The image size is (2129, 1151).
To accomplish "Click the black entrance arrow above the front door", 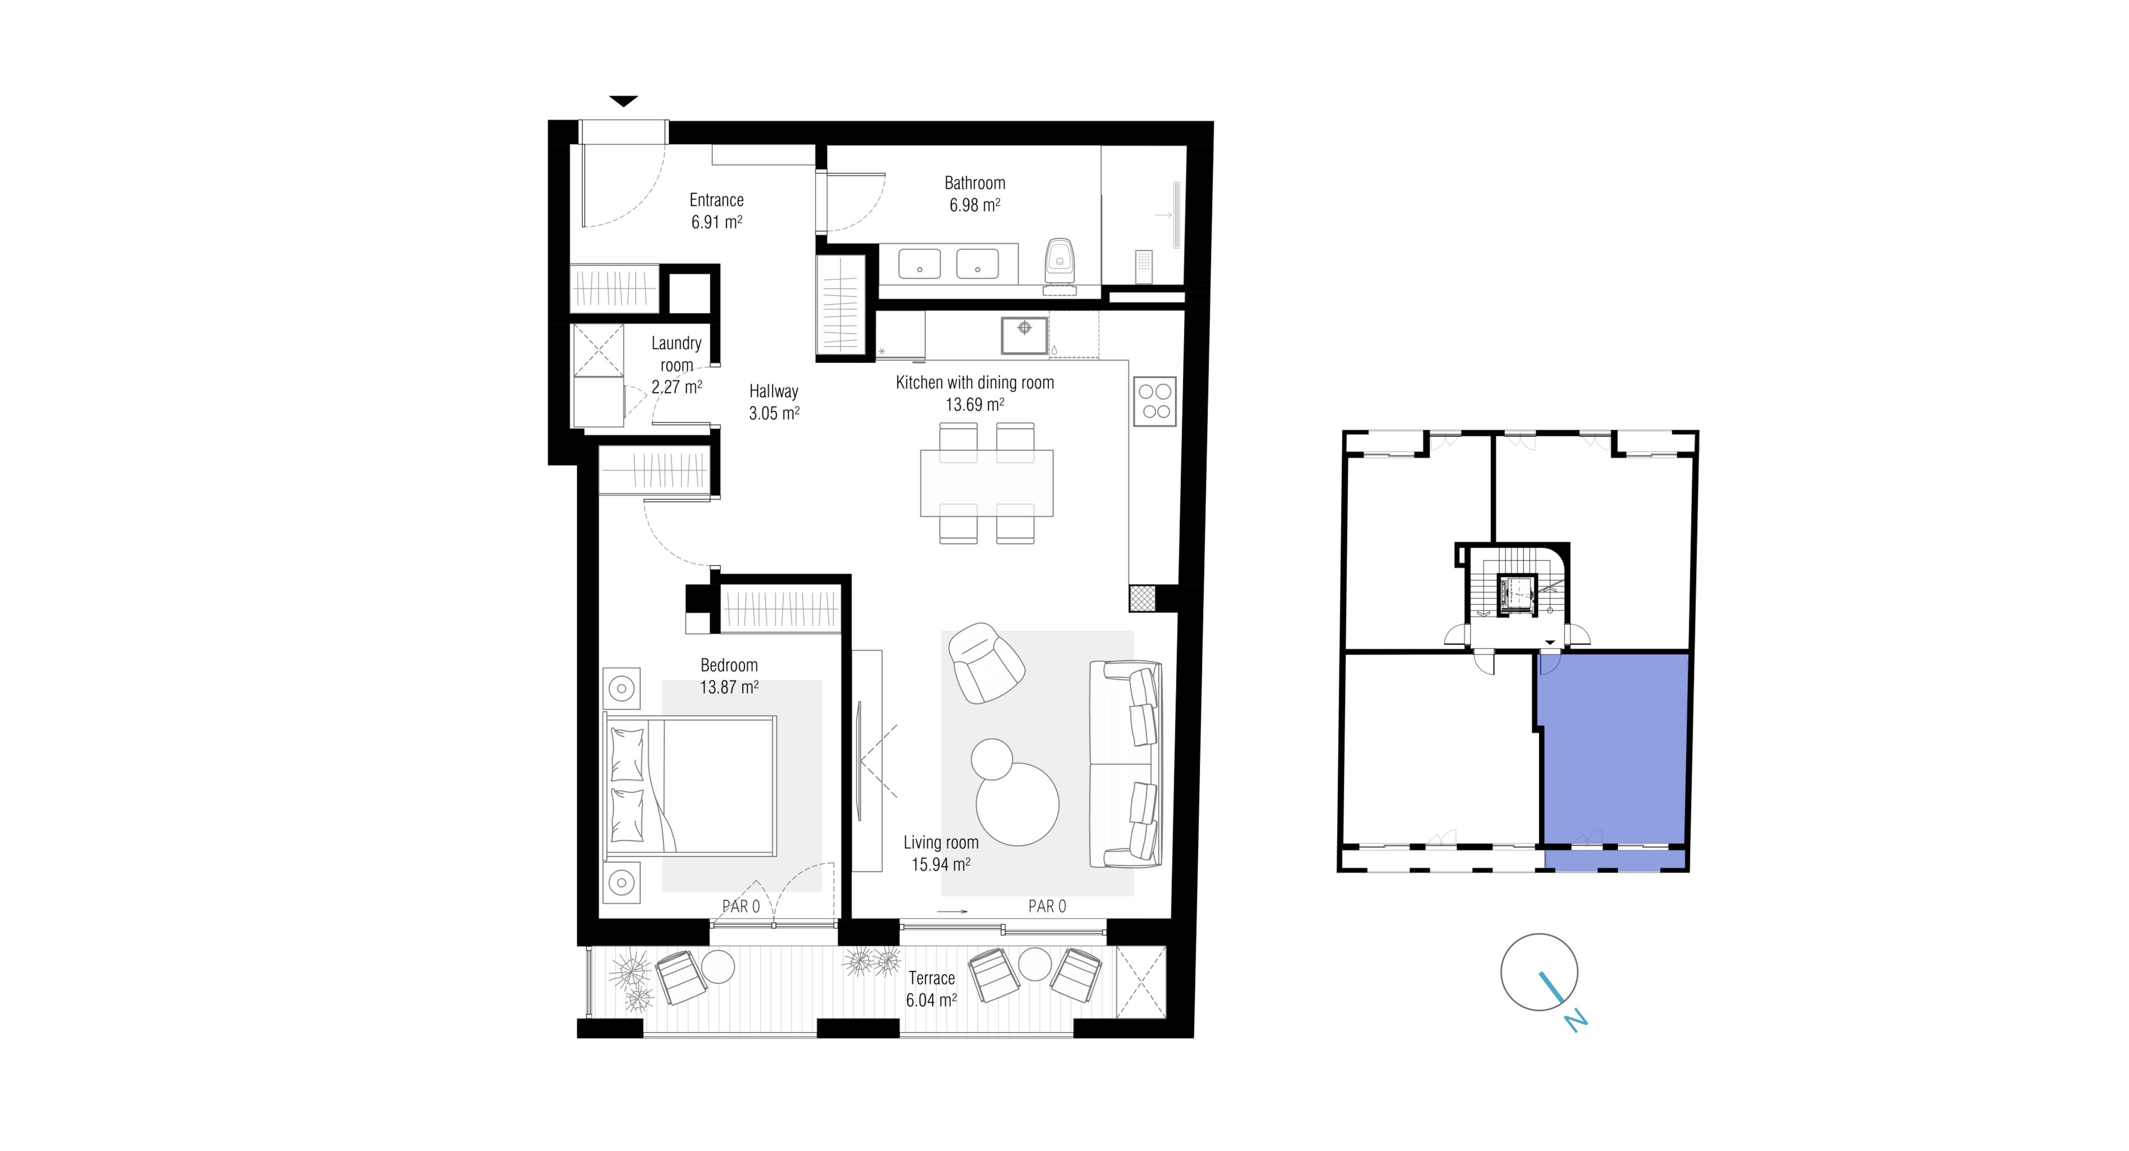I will (624, 101).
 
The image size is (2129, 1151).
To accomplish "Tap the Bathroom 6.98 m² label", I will (975, 194).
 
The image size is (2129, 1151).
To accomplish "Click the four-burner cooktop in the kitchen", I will (1154, 401).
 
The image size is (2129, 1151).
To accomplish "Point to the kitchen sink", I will (1024, 335).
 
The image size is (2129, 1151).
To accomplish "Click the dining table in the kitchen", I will (987, 482).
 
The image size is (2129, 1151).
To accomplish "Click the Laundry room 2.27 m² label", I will (676, 364).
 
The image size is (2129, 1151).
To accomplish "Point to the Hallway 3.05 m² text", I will (773, 401).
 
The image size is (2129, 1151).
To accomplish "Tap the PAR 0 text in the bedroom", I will (741, 906).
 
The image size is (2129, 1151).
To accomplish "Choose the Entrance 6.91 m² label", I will (716, 211).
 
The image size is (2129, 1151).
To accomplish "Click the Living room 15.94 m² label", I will (940, 853).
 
